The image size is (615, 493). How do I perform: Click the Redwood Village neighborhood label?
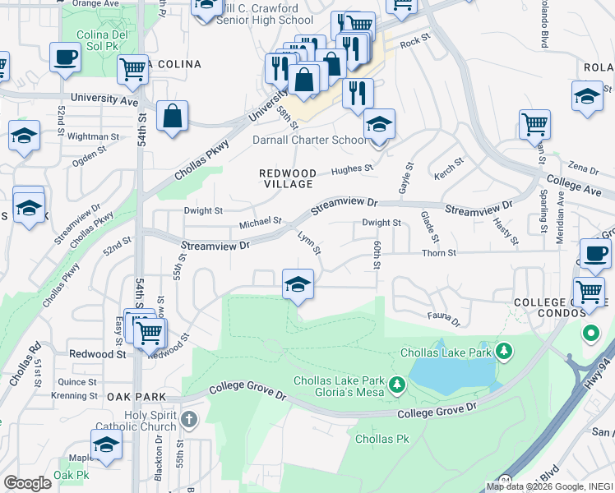point(287,178)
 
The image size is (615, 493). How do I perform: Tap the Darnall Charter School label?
point(310,140)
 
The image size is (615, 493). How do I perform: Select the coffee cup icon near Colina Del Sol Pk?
point(65,58)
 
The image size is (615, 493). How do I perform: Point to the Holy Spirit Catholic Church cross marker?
point(188,421)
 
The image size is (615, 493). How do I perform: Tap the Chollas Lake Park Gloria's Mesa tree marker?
point(398,385)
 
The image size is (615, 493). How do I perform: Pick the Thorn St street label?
point(439,253)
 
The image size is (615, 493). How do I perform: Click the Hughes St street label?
point(352,169)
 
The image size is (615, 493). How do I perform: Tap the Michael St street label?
point(261,223)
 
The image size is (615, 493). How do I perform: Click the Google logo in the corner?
point(27,482)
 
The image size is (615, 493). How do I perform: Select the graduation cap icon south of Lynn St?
point(298,285)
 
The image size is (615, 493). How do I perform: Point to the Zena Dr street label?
point(583,169)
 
